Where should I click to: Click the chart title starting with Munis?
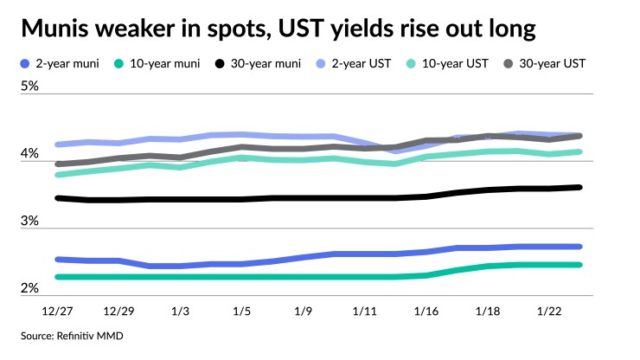[x=278, y=29]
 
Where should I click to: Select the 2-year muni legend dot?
[x=25, y=63]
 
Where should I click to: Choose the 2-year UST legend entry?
[x=371, y=63]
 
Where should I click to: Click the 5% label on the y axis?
[x=31, y=87]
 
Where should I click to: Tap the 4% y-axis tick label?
[x=31, y=154]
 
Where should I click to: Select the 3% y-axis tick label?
[x=31, y=222]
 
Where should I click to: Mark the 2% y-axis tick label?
[x=31, y=288]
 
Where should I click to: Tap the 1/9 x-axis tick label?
[x=303, y=310]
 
